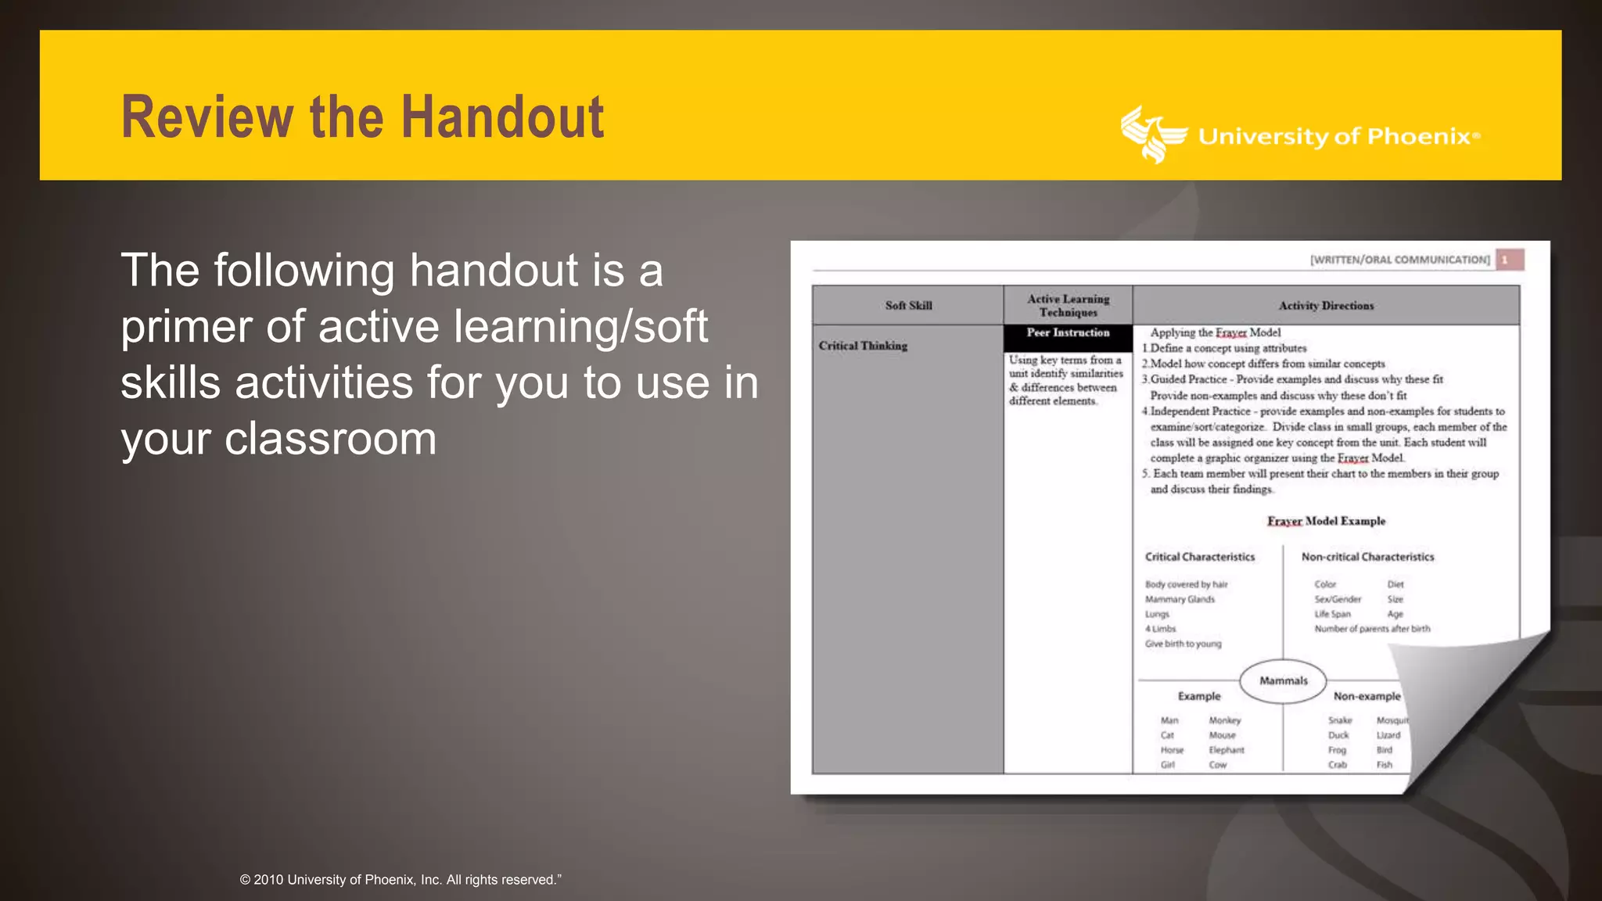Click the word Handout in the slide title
point(502,117)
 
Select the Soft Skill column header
point(908,306)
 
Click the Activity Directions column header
point(1326,306)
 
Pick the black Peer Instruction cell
point(1068,334)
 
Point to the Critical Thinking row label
point(863,346)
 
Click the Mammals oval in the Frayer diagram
point(1283,680)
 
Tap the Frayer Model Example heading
point(1326,521)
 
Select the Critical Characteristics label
point(1200,557)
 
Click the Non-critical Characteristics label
point(1367,557)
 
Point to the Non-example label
point(1367,696)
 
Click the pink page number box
point(1509,260)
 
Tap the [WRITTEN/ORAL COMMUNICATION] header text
point(1400,260)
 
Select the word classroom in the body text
point(330,440)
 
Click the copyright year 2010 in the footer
point(268,880)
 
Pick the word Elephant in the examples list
point(1226,750)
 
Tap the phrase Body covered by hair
point(1186,584)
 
